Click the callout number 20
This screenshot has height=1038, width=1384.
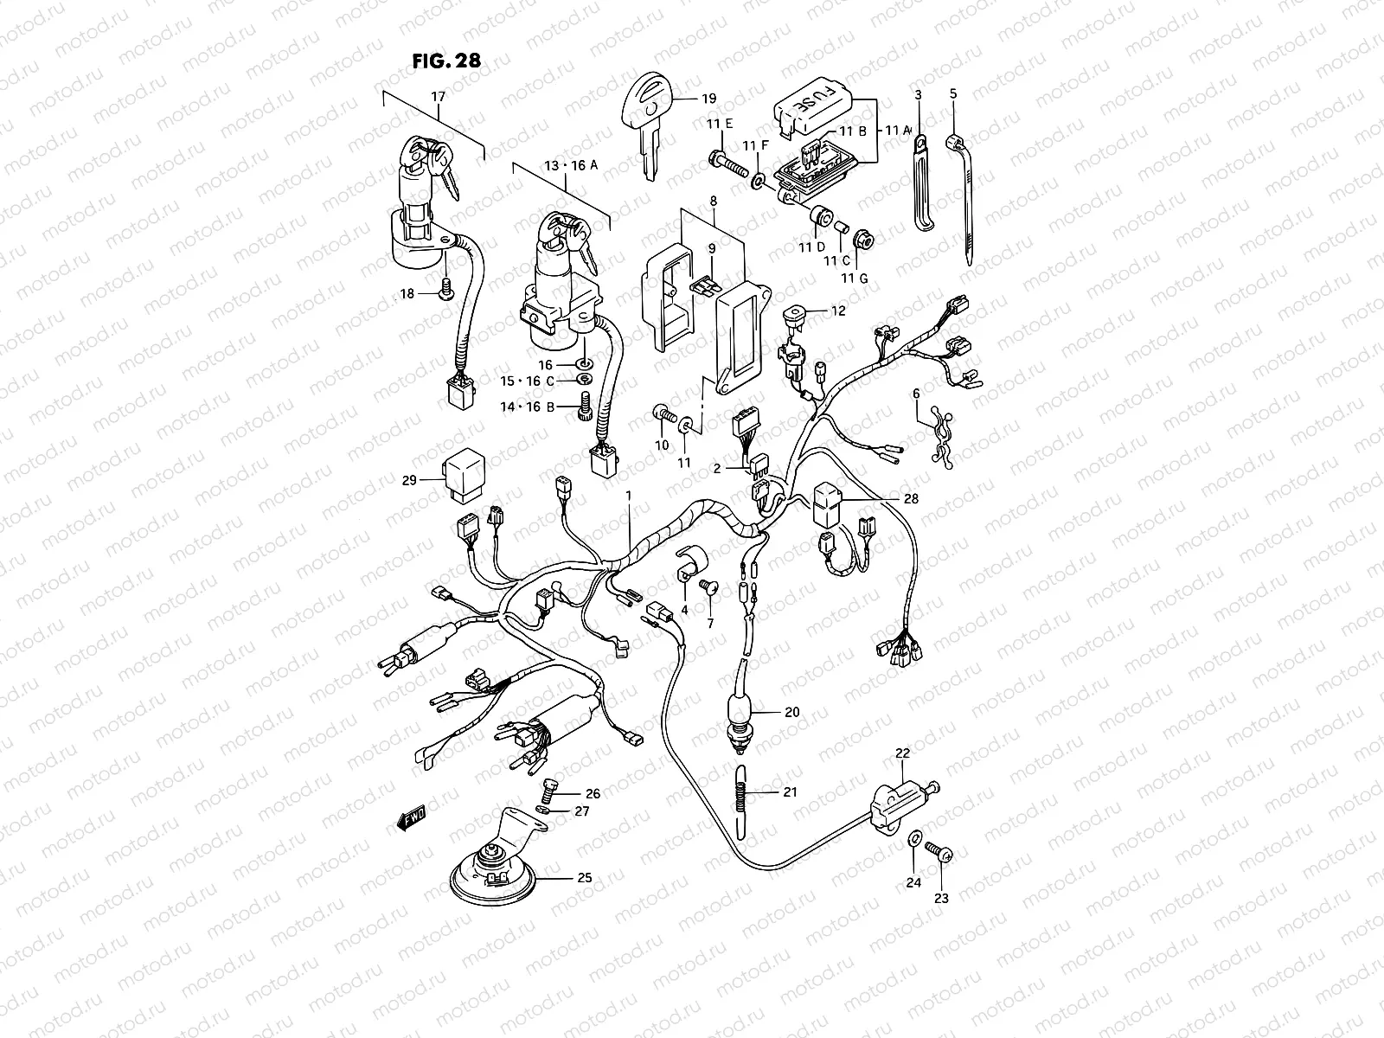(791, 712)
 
